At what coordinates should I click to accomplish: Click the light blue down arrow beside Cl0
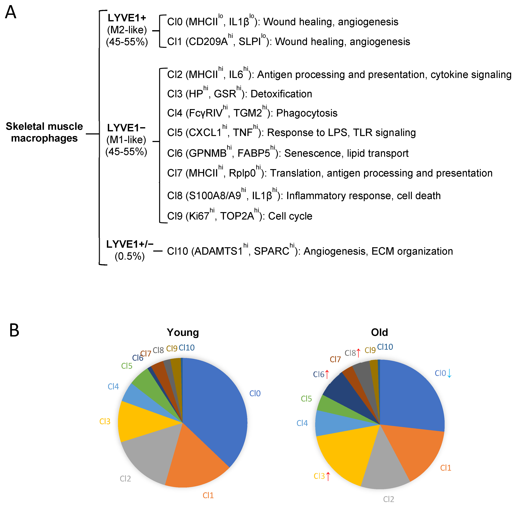point(449,373)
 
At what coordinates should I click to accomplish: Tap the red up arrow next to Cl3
point(328,476)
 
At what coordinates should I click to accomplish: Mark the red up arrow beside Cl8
point(359,353)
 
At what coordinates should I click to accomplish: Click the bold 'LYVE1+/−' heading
point(130,244)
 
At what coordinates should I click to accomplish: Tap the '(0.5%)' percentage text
point(130,256)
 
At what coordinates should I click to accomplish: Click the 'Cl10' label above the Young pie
point(187,347)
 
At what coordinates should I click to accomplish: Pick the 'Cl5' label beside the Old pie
point(306,399)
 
